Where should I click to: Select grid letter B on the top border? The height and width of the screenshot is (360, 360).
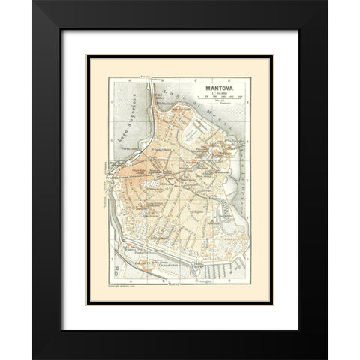click(x=178, y=77)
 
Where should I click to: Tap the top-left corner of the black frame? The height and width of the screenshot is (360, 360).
click(x=33, y=1)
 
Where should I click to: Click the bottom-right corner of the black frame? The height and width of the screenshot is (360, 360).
click(x=328, y=358)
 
